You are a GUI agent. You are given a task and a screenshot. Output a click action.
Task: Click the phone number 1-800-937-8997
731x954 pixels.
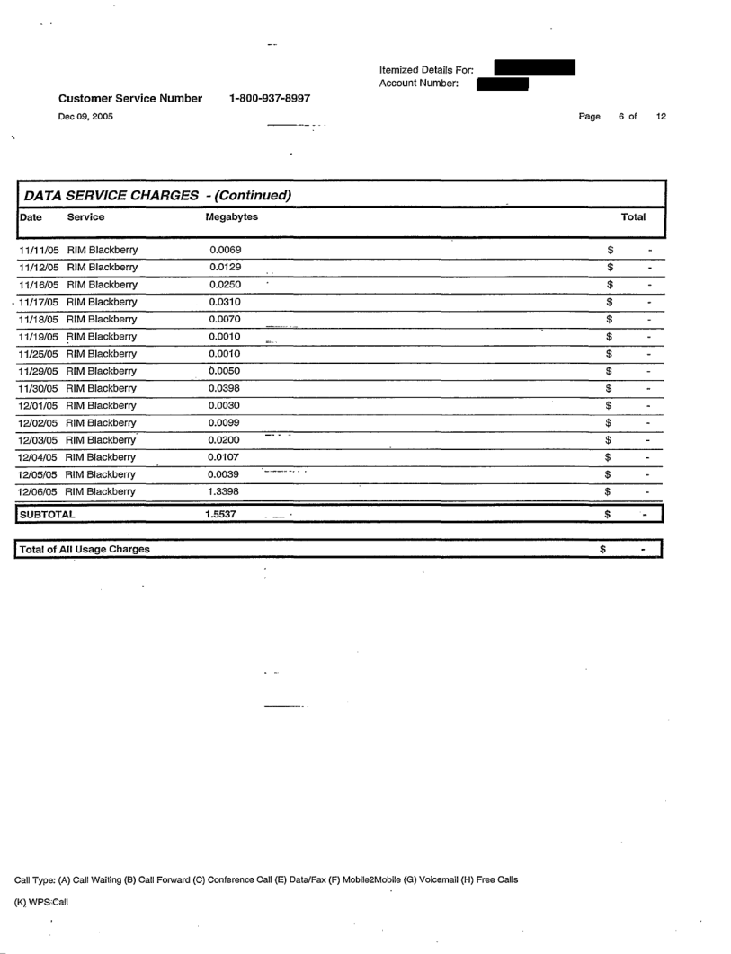click(272, 98)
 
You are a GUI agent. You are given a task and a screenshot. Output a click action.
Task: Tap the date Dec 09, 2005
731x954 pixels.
click(86, 117)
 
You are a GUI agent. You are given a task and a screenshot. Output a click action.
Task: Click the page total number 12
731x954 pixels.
click(661, 117)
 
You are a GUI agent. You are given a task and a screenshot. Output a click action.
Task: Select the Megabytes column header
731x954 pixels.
click(231, 217)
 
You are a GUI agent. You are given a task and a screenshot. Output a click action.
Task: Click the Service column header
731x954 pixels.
click(85, 217)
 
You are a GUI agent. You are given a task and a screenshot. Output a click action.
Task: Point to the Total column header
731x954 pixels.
click(634, 217)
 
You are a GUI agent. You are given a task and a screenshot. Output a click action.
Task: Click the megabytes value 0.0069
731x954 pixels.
click(224, 249)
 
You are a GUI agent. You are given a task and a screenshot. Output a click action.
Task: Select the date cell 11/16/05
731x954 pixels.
click(40, 284)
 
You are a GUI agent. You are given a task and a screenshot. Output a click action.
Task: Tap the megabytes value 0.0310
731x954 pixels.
click(224, 301)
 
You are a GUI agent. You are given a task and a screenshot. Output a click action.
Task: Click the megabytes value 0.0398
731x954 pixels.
click(224, 388)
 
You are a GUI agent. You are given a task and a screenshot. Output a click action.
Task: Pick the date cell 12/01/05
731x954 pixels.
click(40, 405)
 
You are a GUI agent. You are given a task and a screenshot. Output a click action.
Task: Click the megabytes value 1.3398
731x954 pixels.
click(224, 491)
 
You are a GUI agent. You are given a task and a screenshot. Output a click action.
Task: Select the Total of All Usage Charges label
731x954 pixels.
click(85, 549)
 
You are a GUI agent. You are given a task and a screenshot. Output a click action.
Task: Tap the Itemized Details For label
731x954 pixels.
click(420, 69)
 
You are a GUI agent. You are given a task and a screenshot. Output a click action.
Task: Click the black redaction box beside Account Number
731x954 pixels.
click(502, 84)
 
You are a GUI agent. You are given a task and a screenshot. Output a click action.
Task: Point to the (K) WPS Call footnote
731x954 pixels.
click(43, 903)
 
